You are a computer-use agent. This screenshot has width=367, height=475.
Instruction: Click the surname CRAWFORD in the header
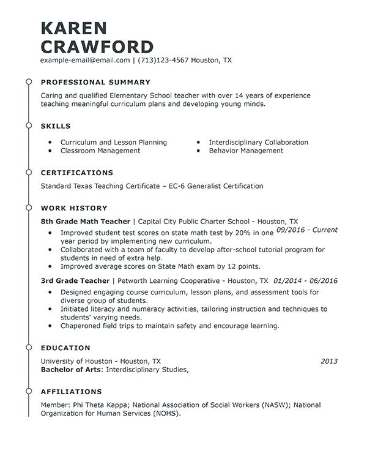coord(97,46)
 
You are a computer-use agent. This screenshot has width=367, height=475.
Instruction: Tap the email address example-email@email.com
coord(85,61)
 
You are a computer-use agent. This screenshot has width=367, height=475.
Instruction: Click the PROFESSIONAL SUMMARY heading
coord(95,82)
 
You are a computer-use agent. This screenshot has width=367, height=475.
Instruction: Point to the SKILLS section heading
coord(56,126)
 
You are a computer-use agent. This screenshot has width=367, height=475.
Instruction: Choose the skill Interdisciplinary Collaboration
coord(258,142)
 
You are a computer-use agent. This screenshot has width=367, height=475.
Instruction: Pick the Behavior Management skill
coord(246,151)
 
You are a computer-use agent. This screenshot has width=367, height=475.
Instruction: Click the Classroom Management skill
coord(100,151)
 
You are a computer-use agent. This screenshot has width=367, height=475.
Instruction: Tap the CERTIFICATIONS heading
coord(77,173)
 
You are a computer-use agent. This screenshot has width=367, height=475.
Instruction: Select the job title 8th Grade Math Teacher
coord(86,221)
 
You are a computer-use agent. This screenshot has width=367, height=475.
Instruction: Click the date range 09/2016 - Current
coord(307,230)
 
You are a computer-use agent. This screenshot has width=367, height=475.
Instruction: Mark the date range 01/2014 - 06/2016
coord(306,281)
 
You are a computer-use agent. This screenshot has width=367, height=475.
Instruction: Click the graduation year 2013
coord(329,361)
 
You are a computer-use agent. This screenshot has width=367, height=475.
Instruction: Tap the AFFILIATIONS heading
coord(71,392)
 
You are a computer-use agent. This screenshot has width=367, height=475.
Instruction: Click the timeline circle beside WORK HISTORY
coord(28,208)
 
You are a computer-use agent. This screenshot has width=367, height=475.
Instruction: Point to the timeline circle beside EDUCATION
coord(28,348)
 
